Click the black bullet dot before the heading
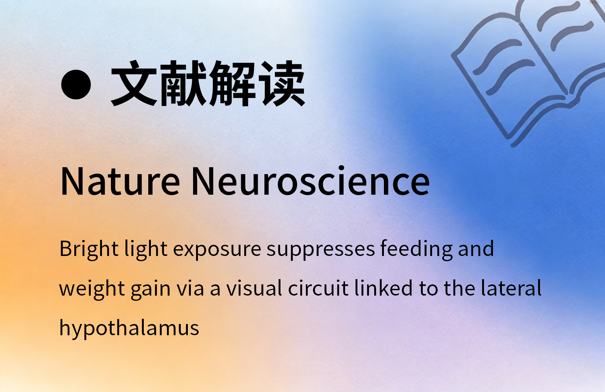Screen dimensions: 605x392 [76, 84]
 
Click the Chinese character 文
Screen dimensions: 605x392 [134, 83]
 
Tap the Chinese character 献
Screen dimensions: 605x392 [184, 83]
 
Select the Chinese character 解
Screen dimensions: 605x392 [233, 83]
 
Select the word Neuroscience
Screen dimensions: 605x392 [310, 180]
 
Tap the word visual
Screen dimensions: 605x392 [254, 288]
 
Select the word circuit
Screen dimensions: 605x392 [318, 288]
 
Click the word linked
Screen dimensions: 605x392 [384, 287]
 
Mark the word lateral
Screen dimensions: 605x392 [511, 287]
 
